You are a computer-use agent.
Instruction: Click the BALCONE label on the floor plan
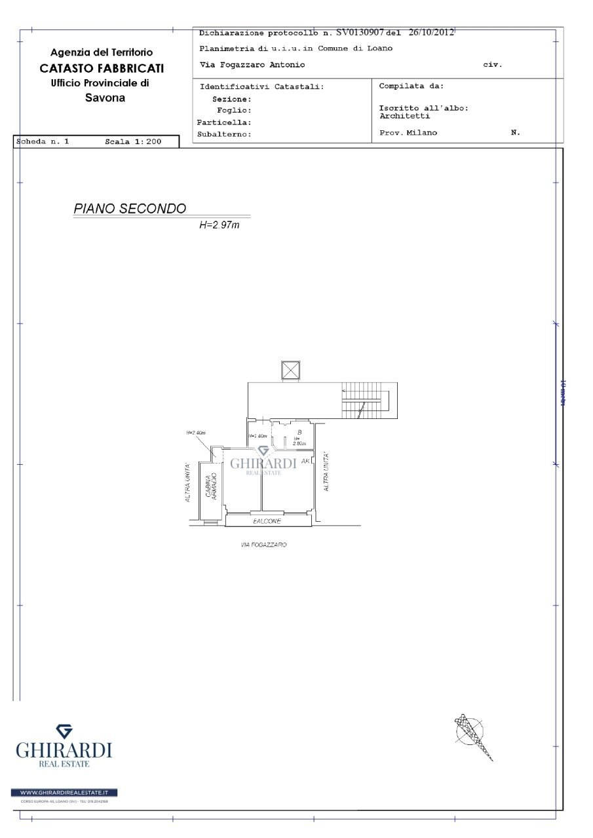[267, 521]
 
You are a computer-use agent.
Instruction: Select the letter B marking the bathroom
[299, 432]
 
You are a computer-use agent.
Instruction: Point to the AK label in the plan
[305, 461]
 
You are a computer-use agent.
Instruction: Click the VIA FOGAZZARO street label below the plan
[264, 545]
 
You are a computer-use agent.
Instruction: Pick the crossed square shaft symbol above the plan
[290, 370]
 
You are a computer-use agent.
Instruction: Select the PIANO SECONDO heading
[130, 209]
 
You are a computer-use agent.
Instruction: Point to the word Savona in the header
[105, 98]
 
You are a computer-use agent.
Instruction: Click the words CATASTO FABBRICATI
[102, 68]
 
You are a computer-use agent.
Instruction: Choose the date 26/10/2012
[431, 32]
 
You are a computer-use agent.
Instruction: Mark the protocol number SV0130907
[360, 32]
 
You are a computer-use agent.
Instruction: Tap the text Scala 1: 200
[133, 141]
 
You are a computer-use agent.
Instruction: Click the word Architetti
[404, 116]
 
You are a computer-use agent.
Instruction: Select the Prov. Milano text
[408, 133]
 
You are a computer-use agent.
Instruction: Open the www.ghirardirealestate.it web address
[64, 793]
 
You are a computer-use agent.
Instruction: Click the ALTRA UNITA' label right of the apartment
[326, 473]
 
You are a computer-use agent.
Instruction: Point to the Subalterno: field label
[224, 135]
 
